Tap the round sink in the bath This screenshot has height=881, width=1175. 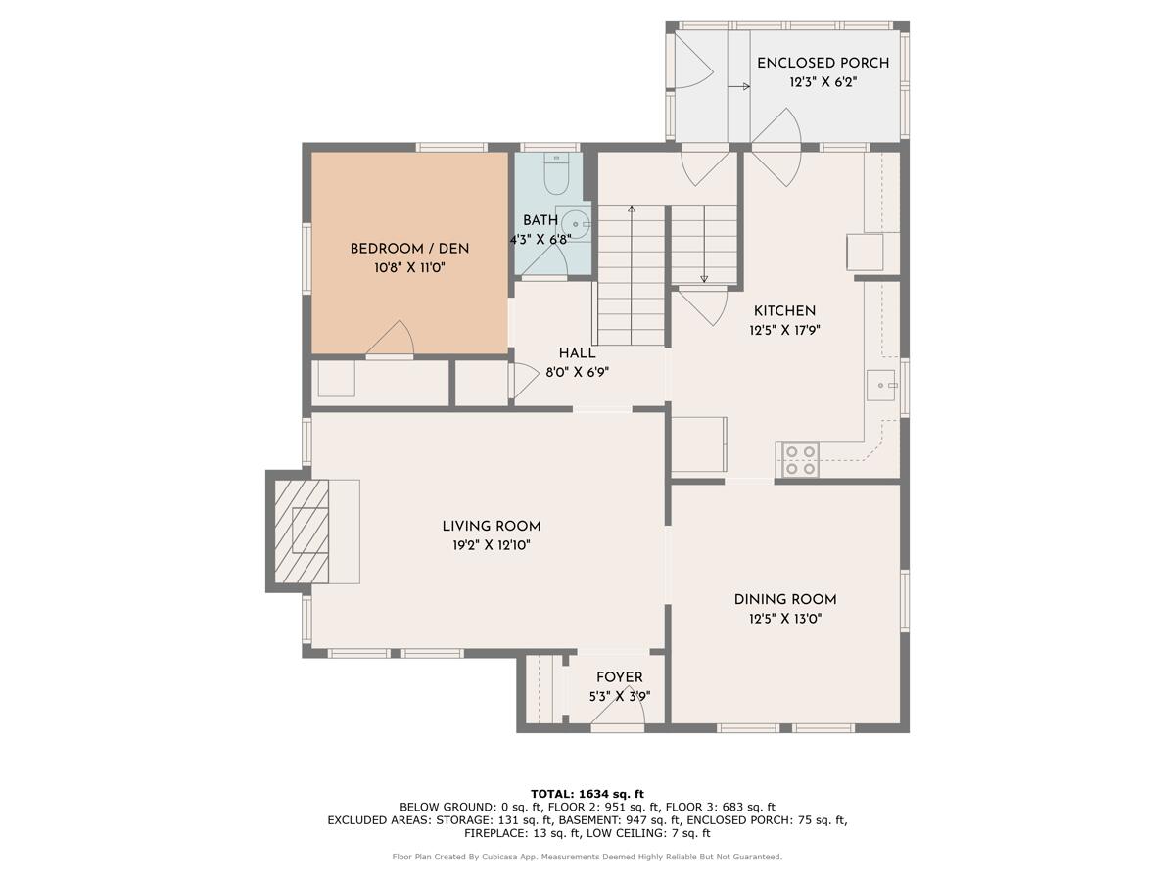click(x=576, y=224)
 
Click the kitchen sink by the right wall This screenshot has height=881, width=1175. click(x=881, y=386)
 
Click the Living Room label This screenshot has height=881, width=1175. click(x=491, y=527)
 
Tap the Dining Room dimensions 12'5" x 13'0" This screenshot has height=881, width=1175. click(x=784, y=619)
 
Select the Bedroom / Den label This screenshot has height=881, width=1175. click(x=409, y=249)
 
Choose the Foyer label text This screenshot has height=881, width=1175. click(x=619, y=677)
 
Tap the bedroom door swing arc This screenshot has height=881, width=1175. click(x=394, y=338)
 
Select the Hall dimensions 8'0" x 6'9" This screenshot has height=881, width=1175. click(x=577, y=372)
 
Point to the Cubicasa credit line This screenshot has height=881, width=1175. click(x=587, y=857)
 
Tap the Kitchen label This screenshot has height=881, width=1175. click(x=784, y=311)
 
